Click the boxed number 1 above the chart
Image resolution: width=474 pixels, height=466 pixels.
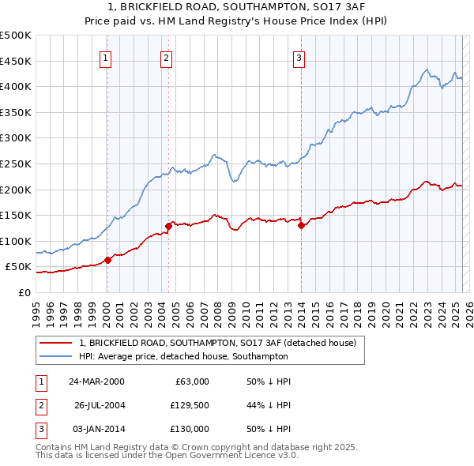tap(106, 56)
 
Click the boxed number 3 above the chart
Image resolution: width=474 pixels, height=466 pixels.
tap(299, 56)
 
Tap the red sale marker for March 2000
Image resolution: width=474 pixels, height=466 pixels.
tap(107, 260)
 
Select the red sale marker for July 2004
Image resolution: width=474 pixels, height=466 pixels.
tap(168, 226)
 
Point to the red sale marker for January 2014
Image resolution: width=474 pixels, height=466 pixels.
tap(301, 225)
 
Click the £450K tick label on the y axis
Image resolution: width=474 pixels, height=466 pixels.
tap(16, 61)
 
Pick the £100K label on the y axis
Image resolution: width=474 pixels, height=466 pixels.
tap(16, 241)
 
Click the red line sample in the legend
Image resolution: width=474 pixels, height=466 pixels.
tap(56, 343)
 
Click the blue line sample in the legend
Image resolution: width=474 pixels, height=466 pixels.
tap(56, 356)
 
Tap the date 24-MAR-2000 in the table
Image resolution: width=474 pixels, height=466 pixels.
tap(96, 381)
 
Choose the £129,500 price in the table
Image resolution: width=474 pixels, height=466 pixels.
tap(190, 405)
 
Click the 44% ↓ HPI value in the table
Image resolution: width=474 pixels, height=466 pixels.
tap(269, 405)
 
